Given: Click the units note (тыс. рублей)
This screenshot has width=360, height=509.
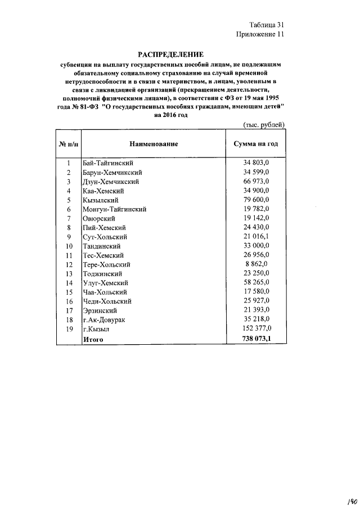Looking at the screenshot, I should point(264,124).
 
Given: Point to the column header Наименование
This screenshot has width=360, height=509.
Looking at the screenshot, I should point(154,144).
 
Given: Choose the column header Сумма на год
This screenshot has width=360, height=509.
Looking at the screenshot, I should point(256,144).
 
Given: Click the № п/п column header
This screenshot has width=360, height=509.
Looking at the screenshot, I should point(68,144).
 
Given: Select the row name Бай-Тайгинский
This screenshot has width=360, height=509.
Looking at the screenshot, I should point(107,163).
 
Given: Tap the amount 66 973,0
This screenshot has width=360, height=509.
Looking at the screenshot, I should point(256,182).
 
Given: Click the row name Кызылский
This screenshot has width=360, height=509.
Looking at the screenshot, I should point(100,200).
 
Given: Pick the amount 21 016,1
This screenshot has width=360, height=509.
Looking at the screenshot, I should point(256,237).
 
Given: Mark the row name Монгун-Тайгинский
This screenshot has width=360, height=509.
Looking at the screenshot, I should point(114,209).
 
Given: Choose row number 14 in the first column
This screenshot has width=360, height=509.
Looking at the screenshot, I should point(69,283).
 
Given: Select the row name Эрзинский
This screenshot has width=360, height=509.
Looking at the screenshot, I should point(100,310).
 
